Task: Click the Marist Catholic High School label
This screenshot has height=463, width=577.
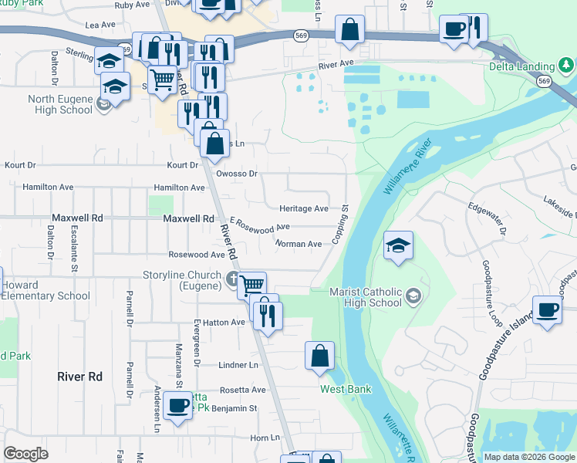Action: tap(366, 297)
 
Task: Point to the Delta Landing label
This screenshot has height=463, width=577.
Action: tap(521, 66)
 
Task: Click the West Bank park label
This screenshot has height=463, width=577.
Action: tap(346, 390)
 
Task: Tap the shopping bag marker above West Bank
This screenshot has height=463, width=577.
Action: tap(319, 357)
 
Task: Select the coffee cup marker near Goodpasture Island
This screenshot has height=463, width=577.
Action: tap(548, 310)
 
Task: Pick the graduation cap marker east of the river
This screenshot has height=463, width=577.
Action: tap(398, 246)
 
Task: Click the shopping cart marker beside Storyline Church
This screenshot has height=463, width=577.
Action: tap(251, 286)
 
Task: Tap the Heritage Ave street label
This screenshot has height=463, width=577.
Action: tap(304, 208)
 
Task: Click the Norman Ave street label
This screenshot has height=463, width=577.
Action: tap(299, 244)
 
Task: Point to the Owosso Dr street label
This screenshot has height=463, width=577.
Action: tap(237, 174)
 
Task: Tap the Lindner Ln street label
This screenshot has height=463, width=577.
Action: tap(238, 365)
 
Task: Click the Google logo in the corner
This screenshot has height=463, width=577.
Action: tap(25, 454)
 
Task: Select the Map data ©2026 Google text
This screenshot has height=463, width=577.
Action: tap(529, 457)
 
